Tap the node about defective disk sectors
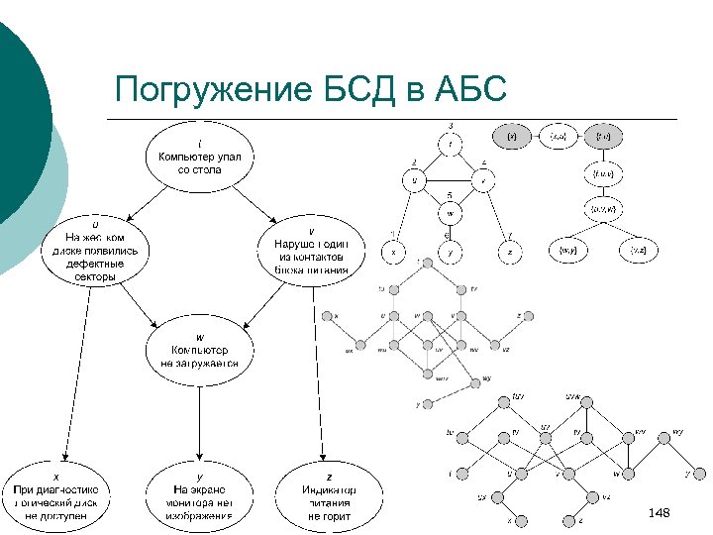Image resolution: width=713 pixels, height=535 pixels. (x=95, y=257)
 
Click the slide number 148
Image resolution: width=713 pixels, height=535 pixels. (x=659, y=513)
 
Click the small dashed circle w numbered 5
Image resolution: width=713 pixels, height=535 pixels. (x=451, y=212)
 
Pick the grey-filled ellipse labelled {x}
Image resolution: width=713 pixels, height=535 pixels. (x=512, y=135)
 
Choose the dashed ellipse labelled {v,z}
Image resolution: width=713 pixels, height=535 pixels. (x=639, y=252)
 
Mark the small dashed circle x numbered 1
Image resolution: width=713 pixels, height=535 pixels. (x=393, y=252)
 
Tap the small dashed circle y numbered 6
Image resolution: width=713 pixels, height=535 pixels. (x=451, y=252)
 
